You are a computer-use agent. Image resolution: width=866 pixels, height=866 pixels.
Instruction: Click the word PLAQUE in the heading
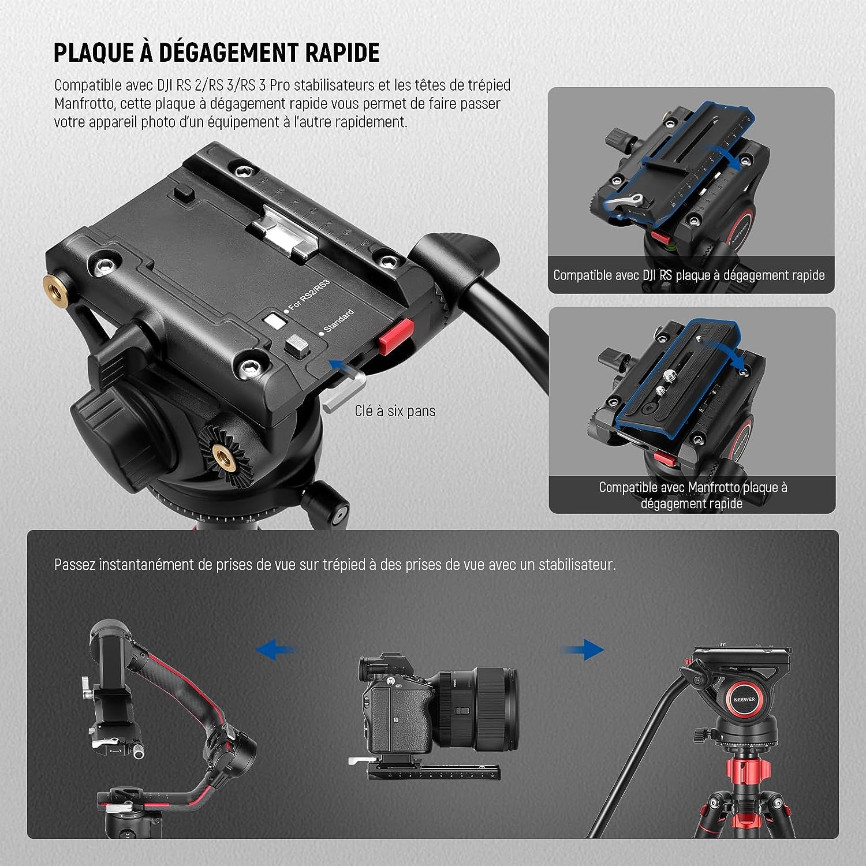(94, 53)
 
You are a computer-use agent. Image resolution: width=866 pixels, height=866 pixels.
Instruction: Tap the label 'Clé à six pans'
(395, 411)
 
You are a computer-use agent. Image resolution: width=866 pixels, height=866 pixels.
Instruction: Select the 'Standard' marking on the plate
(338, 321)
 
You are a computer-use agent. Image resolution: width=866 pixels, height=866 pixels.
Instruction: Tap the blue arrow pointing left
(277, 649)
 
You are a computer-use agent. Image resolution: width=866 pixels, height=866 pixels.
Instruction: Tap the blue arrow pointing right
(582, 649)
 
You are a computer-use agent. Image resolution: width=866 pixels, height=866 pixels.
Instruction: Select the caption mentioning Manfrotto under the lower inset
(692, 495)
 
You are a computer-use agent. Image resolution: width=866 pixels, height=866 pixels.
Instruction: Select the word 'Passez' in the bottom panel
(74, 565)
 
